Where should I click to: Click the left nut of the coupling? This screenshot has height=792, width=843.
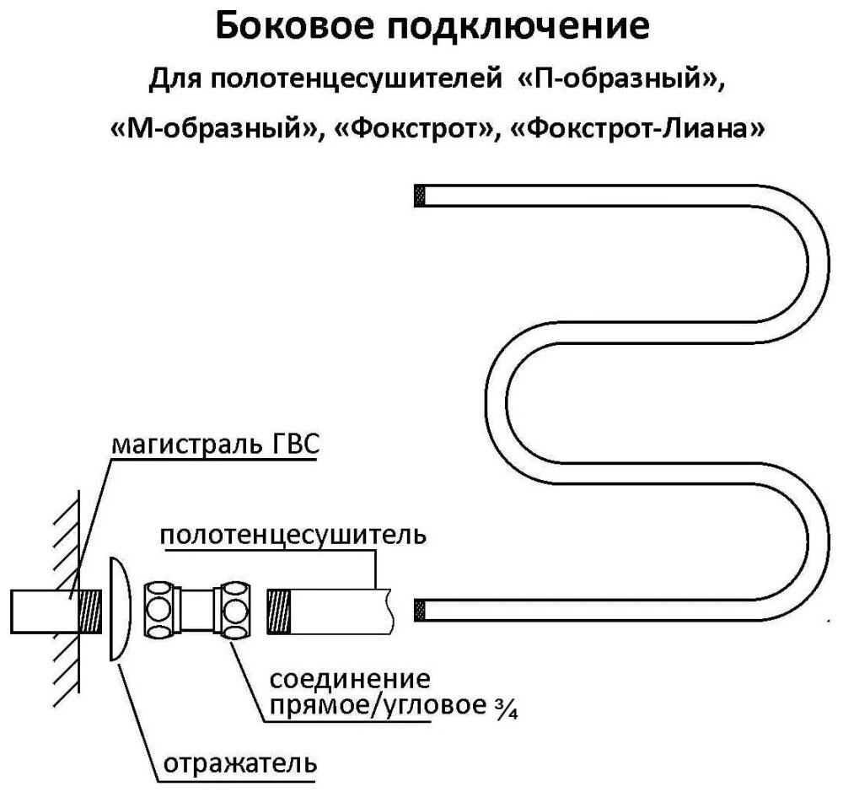tap(160, 609)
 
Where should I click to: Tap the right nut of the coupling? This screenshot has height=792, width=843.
tap(234, 609)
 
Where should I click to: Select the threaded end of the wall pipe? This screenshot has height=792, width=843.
tap(89, 610)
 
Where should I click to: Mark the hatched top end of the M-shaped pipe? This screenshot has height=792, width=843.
tap(417, 196)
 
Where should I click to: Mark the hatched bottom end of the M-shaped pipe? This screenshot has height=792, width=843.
tap(417, 607)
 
